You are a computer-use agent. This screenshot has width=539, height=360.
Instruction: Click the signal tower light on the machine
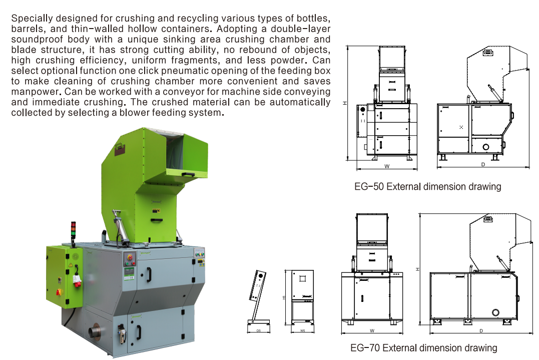[x=73, y=230]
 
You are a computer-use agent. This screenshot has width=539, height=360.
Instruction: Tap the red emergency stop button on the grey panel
[x=130, y=257]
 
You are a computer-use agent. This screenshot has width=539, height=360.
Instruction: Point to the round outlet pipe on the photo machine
[x=95, y=332]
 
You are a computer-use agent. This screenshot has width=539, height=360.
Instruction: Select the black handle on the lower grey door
[x=139, y=332]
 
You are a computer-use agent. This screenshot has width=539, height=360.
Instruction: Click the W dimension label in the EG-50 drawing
[x=387, y=166]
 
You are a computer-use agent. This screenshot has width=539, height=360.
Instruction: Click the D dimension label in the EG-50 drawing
[x=483, y=164]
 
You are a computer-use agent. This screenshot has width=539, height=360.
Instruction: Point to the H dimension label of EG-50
[x=345, y=103]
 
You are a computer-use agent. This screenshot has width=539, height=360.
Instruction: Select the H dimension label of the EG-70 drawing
[x=417, y=269]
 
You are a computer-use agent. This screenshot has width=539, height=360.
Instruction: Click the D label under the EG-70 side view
[x=481, y=331]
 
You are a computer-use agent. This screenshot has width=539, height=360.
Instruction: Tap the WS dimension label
[x=302, y=331]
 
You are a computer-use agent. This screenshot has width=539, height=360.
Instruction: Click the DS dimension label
[x=259, y=331]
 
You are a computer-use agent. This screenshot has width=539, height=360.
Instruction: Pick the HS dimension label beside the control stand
[x=284, y=297]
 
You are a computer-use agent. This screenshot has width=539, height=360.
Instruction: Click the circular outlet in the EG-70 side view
[x=495, y=312]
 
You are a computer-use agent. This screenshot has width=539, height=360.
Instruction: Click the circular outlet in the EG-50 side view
[x=486, y=147]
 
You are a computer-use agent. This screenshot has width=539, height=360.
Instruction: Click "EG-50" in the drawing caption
[x=369, y=187]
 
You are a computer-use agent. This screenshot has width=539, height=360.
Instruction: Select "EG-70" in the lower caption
[x=365, y=348]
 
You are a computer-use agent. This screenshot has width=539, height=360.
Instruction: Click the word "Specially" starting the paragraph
[x=33, y=19]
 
